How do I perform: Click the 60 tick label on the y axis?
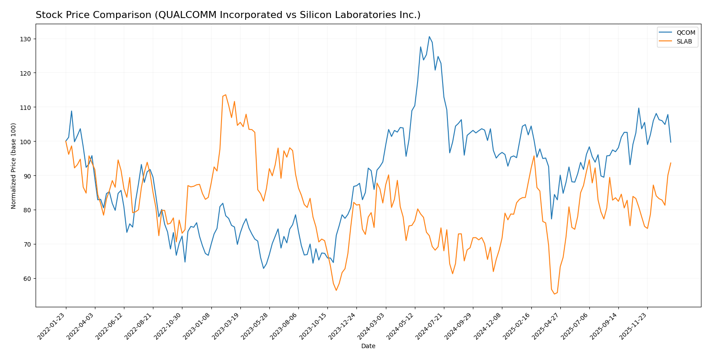(28, 278)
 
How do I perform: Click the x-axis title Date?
(368, 346)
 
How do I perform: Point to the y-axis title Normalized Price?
(14, 166)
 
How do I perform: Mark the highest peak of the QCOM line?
(429, 36)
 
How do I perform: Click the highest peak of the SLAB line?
(225, 95)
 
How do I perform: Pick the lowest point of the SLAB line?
(554, 294)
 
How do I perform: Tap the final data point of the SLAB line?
(671, 163)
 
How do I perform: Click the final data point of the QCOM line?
(671, 142)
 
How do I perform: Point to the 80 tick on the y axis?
(28, 210)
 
